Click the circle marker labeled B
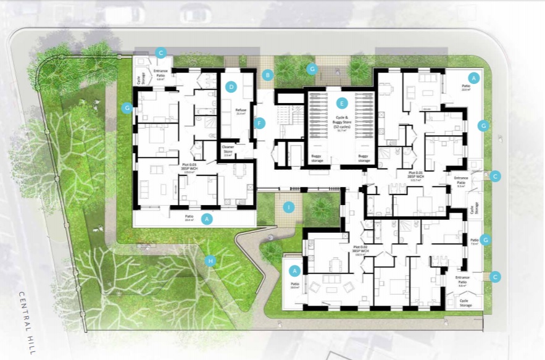[x=267, y=75]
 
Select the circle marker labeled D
[x=231, y=87]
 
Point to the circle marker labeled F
[x=260, y=122]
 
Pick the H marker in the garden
[x=210, y=260]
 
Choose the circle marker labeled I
[x=288, y=207]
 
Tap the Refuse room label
[x=241, y=111]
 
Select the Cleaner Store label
[x=228, y=149]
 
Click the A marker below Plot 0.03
[x=207, y=219]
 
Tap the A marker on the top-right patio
[x=473, y=78]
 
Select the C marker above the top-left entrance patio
[x=160, y=52]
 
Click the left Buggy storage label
[x=318, y=156]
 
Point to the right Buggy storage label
[x=364, y=156]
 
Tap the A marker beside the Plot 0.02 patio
[x=295, y=270]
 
